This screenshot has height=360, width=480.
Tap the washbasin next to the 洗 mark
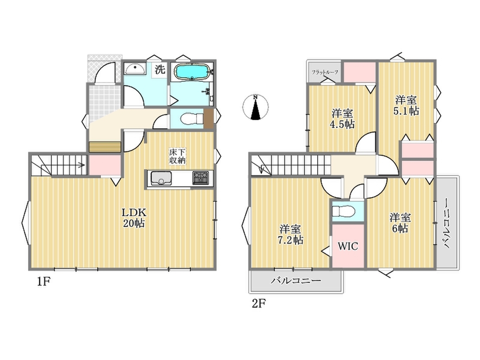(135, 69)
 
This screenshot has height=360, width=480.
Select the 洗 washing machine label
(160, 69)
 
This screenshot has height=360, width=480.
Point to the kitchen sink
(160, 178)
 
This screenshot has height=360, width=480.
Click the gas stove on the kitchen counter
(201, 178)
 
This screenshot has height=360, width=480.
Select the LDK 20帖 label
(134, 217)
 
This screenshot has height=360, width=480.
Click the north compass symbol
(256, 107)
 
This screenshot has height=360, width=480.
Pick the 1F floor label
(44, 281)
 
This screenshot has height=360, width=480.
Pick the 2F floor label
(259, 304)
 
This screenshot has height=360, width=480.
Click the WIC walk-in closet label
(348, 246)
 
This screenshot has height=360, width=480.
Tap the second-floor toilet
(343, 211)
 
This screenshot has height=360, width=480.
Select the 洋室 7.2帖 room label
(290, 234)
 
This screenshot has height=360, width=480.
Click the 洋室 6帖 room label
(400, 223)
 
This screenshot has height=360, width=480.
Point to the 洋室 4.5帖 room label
(342, 119)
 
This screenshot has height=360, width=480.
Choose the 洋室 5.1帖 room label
(406, 105)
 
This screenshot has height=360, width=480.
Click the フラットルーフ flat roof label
(325, 72)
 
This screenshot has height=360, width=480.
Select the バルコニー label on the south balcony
(296, 280)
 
